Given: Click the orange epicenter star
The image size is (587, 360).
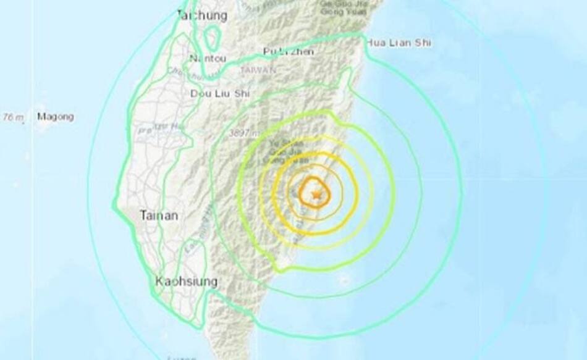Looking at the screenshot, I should pos(317,195).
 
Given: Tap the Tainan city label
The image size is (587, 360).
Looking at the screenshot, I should pos(159,216).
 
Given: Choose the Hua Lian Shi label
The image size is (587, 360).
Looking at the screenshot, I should pos(398,43).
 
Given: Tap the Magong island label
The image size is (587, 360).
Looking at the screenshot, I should pos(55,116).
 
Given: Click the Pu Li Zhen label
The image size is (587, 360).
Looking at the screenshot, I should pos(288,51).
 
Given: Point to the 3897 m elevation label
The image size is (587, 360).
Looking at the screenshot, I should pos(242,132).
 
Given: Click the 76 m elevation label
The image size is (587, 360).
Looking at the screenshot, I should pos(12,117).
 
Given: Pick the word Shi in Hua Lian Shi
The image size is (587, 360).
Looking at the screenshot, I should pos(423,43).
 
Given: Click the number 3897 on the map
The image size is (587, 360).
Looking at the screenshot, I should pos(239,132).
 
